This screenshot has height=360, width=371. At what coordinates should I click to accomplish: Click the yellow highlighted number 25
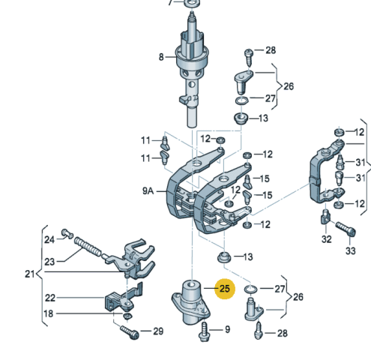(225, 288)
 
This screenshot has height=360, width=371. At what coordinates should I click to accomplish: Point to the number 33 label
(351, 251)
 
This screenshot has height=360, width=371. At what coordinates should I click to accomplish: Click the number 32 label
(325, 240)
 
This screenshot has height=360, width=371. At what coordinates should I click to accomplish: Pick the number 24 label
(49, 240)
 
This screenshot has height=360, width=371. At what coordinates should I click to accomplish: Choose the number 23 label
(49, 262)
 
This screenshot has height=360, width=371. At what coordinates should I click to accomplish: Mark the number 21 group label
(29, 274)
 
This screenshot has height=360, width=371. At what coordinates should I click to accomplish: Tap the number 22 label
(49, 298)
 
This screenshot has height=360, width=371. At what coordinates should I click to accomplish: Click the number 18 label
(49, 313)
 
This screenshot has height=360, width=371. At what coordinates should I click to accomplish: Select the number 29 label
(157, 331)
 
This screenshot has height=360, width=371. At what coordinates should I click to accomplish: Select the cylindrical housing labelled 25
(193, 300)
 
